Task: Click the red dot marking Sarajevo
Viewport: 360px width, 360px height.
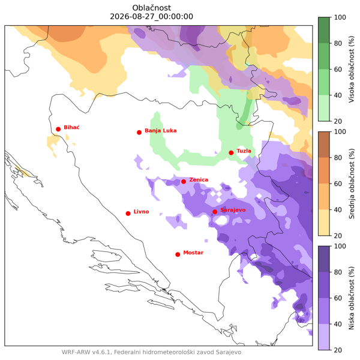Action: (215, 212)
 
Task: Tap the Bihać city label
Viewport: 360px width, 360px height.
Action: (71, 127)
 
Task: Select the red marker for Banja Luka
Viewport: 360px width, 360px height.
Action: (139, 133)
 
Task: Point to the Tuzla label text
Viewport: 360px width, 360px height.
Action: (244, 151)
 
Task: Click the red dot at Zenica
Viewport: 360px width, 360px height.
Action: (184, 182)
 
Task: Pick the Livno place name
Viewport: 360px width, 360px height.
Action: (141, 211)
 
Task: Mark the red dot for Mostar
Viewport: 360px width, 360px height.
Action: (178, 254)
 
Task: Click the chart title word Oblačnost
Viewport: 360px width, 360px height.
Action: (152, 8)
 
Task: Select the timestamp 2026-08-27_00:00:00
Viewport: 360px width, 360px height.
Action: (152, 17)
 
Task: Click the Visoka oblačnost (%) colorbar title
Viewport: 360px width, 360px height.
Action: (351, 69)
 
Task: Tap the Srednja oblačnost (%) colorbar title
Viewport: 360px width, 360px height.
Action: (351, 184)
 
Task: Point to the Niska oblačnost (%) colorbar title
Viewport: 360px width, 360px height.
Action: (351, 298)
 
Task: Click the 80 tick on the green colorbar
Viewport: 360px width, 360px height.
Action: (338, 43)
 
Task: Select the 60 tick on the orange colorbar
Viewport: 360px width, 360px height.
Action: (338, 184)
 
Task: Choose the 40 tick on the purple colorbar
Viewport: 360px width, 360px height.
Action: (338, 324)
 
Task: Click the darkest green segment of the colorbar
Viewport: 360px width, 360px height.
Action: (324, 30)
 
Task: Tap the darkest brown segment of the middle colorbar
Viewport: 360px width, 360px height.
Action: (324, 145)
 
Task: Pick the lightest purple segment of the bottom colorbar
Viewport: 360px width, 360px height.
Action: (324, 337)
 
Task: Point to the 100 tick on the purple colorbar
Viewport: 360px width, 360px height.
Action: (340, 246)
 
